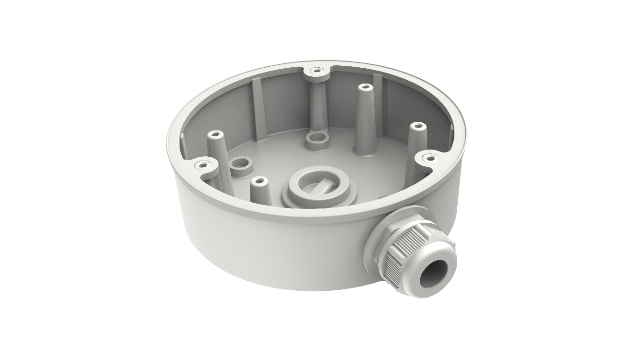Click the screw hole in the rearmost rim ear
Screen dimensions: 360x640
point(315,71)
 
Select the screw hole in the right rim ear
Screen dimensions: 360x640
point(428,158)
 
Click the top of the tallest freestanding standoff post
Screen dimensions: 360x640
point(364,88)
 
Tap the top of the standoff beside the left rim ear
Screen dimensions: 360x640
point(215,135)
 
